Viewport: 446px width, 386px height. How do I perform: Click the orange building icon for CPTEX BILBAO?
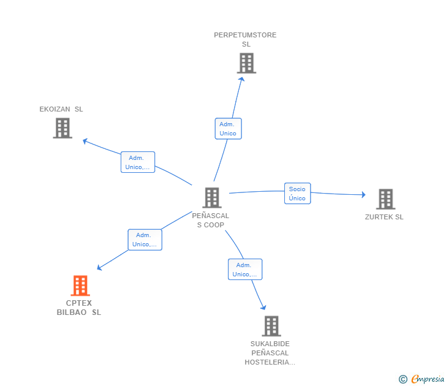[80, 286]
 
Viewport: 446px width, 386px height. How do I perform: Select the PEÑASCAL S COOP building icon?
[212, 198]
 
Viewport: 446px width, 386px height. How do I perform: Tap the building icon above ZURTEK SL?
[386, 199]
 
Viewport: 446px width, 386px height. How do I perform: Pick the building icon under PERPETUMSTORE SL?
[247, 63]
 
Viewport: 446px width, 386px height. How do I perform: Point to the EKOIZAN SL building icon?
[62, 128]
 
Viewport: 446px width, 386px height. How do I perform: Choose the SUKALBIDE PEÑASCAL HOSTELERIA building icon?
[271, 326]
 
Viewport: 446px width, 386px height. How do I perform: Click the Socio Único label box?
[298, 194]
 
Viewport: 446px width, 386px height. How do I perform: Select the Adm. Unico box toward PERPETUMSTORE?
[228, 129]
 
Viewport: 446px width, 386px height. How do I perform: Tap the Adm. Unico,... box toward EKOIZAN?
[138, 162]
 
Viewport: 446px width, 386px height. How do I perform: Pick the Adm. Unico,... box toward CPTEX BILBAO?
[145, 240]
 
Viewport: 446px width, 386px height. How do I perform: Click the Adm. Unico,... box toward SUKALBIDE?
[245, 270]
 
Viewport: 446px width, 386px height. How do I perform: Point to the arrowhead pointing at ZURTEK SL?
[363, 195]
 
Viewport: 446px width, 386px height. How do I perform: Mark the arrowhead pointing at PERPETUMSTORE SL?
[241, 80]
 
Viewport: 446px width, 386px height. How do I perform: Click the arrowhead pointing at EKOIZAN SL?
[85, 141]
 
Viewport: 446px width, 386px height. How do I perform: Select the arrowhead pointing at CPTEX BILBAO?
[99, 267]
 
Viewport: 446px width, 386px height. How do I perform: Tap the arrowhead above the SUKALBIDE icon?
[263, 307]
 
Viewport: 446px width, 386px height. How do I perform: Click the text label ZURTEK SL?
[384, 217]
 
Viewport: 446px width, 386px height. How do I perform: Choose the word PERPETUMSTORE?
[245, 35]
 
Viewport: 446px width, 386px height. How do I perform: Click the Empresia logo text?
[428, 379]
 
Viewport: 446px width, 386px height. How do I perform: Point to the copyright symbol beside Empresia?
[403, 379]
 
